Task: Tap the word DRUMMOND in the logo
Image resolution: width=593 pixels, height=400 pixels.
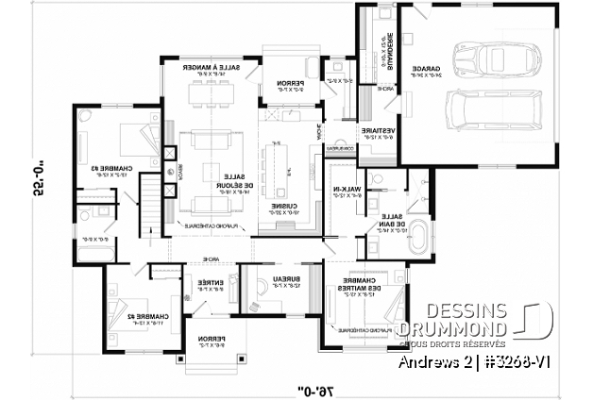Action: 450,328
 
